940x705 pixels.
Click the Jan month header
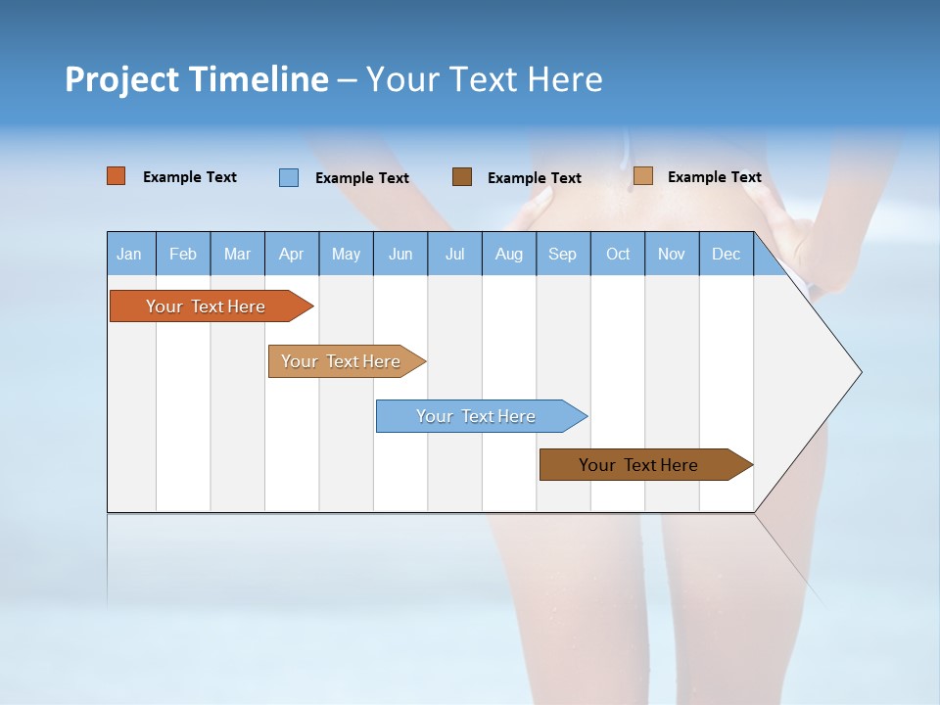pos(130,254)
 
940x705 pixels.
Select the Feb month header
pos(183,254)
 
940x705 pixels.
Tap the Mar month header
pos(237,254)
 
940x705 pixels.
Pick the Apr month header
pos(292,254)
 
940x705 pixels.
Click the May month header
pos(346,254)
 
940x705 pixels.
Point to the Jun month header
pos(400,254)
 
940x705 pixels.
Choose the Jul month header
pos(454,254)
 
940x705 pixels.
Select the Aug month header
pos(509,254)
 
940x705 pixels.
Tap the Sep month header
pos(563,254)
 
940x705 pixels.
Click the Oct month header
pos(618,254)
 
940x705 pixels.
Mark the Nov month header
pos(672,254)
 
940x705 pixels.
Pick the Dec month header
pos(727,254)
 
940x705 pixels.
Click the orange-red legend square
pos(117,176)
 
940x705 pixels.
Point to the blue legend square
pos(289,177)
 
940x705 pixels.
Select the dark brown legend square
pos(462,176)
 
